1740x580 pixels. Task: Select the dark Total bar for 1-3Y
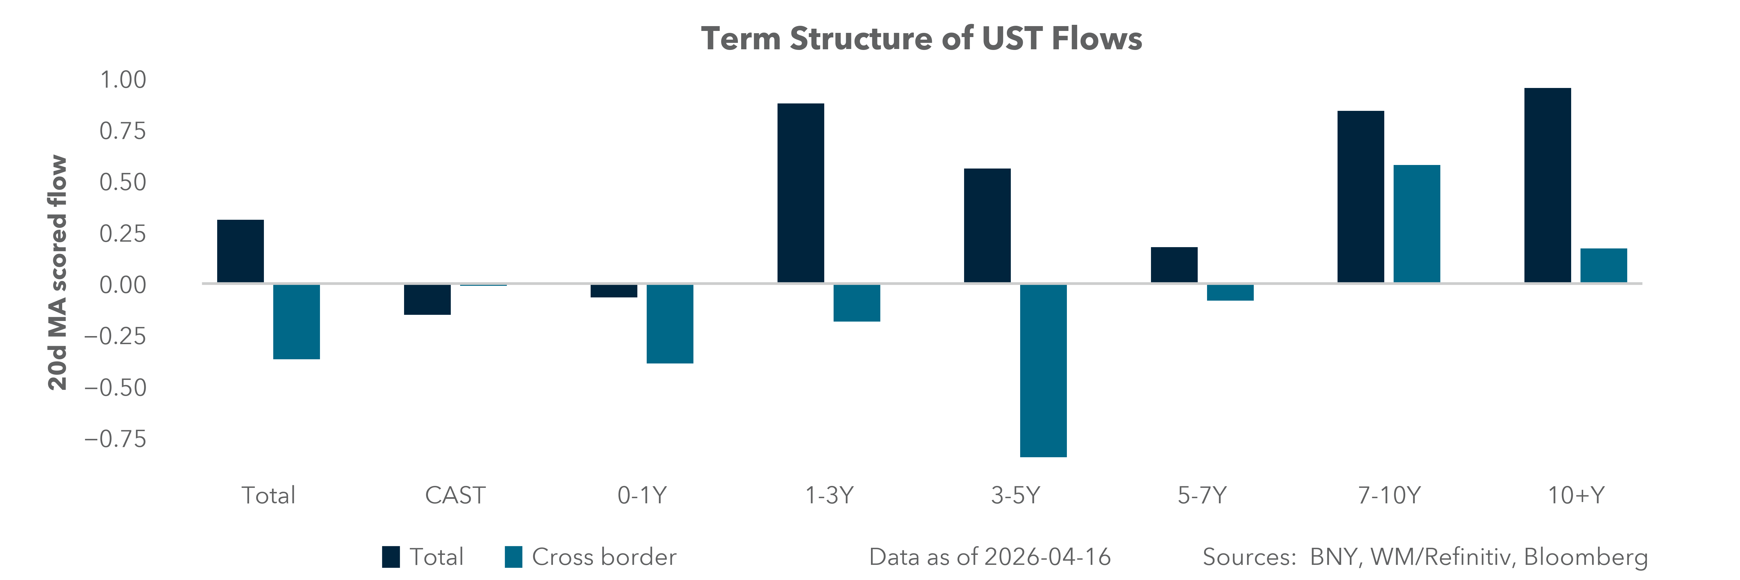pos(800,193)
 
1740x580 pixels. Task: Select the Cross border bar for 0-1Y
pos(669,324)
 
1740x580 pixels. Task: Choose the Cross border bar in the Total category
pos(296,321)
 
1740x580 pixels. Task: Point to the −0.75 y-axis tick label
pos(115,440)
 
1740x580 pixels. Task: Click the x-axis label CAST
pos(455,496)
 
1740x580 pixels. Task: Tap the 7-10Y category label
pos(1389,496)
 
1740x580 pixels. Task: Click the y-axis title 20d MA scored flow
pos(58,273)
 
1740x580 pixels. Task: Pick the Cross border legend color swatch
pos(513,557)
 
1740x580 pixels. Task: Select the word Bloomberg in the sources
pos(1585,557)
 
